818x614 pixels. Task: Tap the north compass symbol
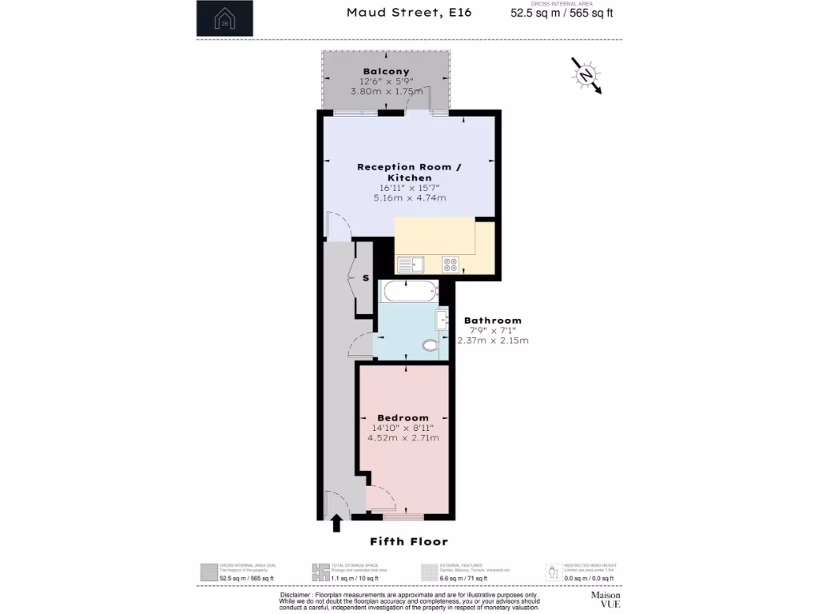coord(586,75)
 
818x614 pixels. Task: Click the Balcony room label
coord(386,71)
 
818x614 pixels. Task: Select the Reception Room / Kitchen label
coord(409,172)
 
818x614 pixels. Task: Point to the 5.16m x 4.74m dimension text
coord(409,197)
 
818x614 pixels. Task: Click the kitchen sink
coord(413,263)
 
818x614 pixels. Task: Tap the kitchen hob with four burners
coord(451,264)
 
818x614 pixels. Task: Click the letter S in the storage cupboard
coord(366,278)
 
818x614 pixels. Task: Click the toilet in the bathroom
coord(431,346)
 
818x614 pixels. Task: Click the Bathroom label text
coord(493,320)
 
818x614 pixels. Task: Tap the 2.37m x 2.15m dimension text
coord(493,340)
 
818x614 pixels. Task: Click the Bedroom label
coord(403,417)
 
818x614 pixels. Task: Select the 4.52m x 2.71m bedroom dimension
coord(403,437)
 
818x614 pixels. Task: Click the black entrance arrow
coord(336,524)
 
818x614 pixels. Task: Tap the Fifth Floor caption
coord(408,541)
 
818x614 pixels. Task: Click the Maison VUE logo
coord(606,600)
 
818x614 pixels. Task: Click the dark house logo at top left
coord(225,18)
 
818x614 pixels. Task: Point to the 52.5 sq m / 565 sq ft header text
coord(562,13)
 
